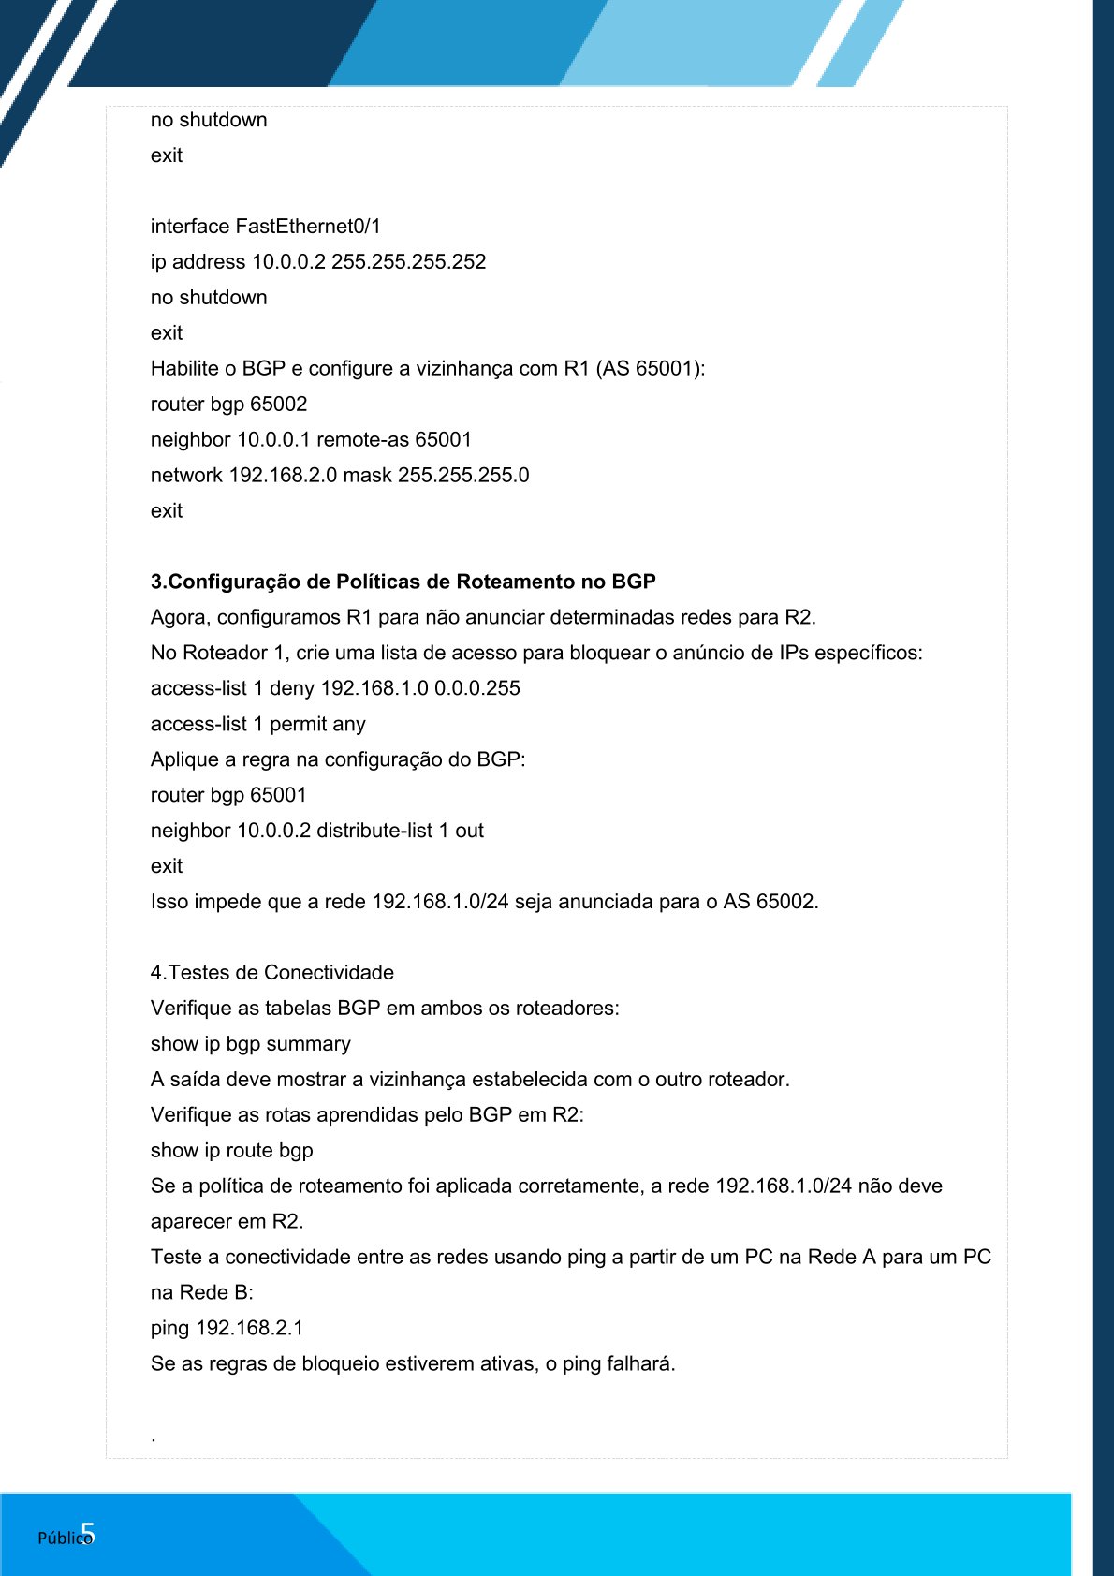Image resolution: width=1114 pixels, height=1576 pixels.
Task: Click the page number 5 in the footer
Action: point(88,1533)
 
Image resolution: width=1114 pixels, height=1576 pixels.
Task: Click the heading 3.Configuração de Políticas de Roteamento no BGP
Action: point(403,582)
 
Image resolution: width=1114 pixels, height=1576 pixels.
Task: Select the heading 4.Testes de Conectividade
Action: point(271,972)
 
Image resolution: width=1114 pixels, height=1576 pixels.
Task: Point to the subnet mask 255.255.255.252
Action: point(408,261)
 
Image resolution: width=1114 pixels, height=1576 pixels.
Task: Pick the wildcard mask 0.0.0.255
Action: point(476,688)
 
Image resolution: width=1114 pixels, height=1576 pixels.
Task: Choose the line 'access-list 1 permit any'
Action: point(257,724)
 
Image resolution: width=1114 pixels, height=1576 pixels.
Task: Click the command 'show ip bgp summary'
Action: point(250,1043)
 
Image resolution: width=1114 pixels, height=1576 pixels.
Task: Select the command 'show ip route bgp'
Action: point(231,1150)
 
